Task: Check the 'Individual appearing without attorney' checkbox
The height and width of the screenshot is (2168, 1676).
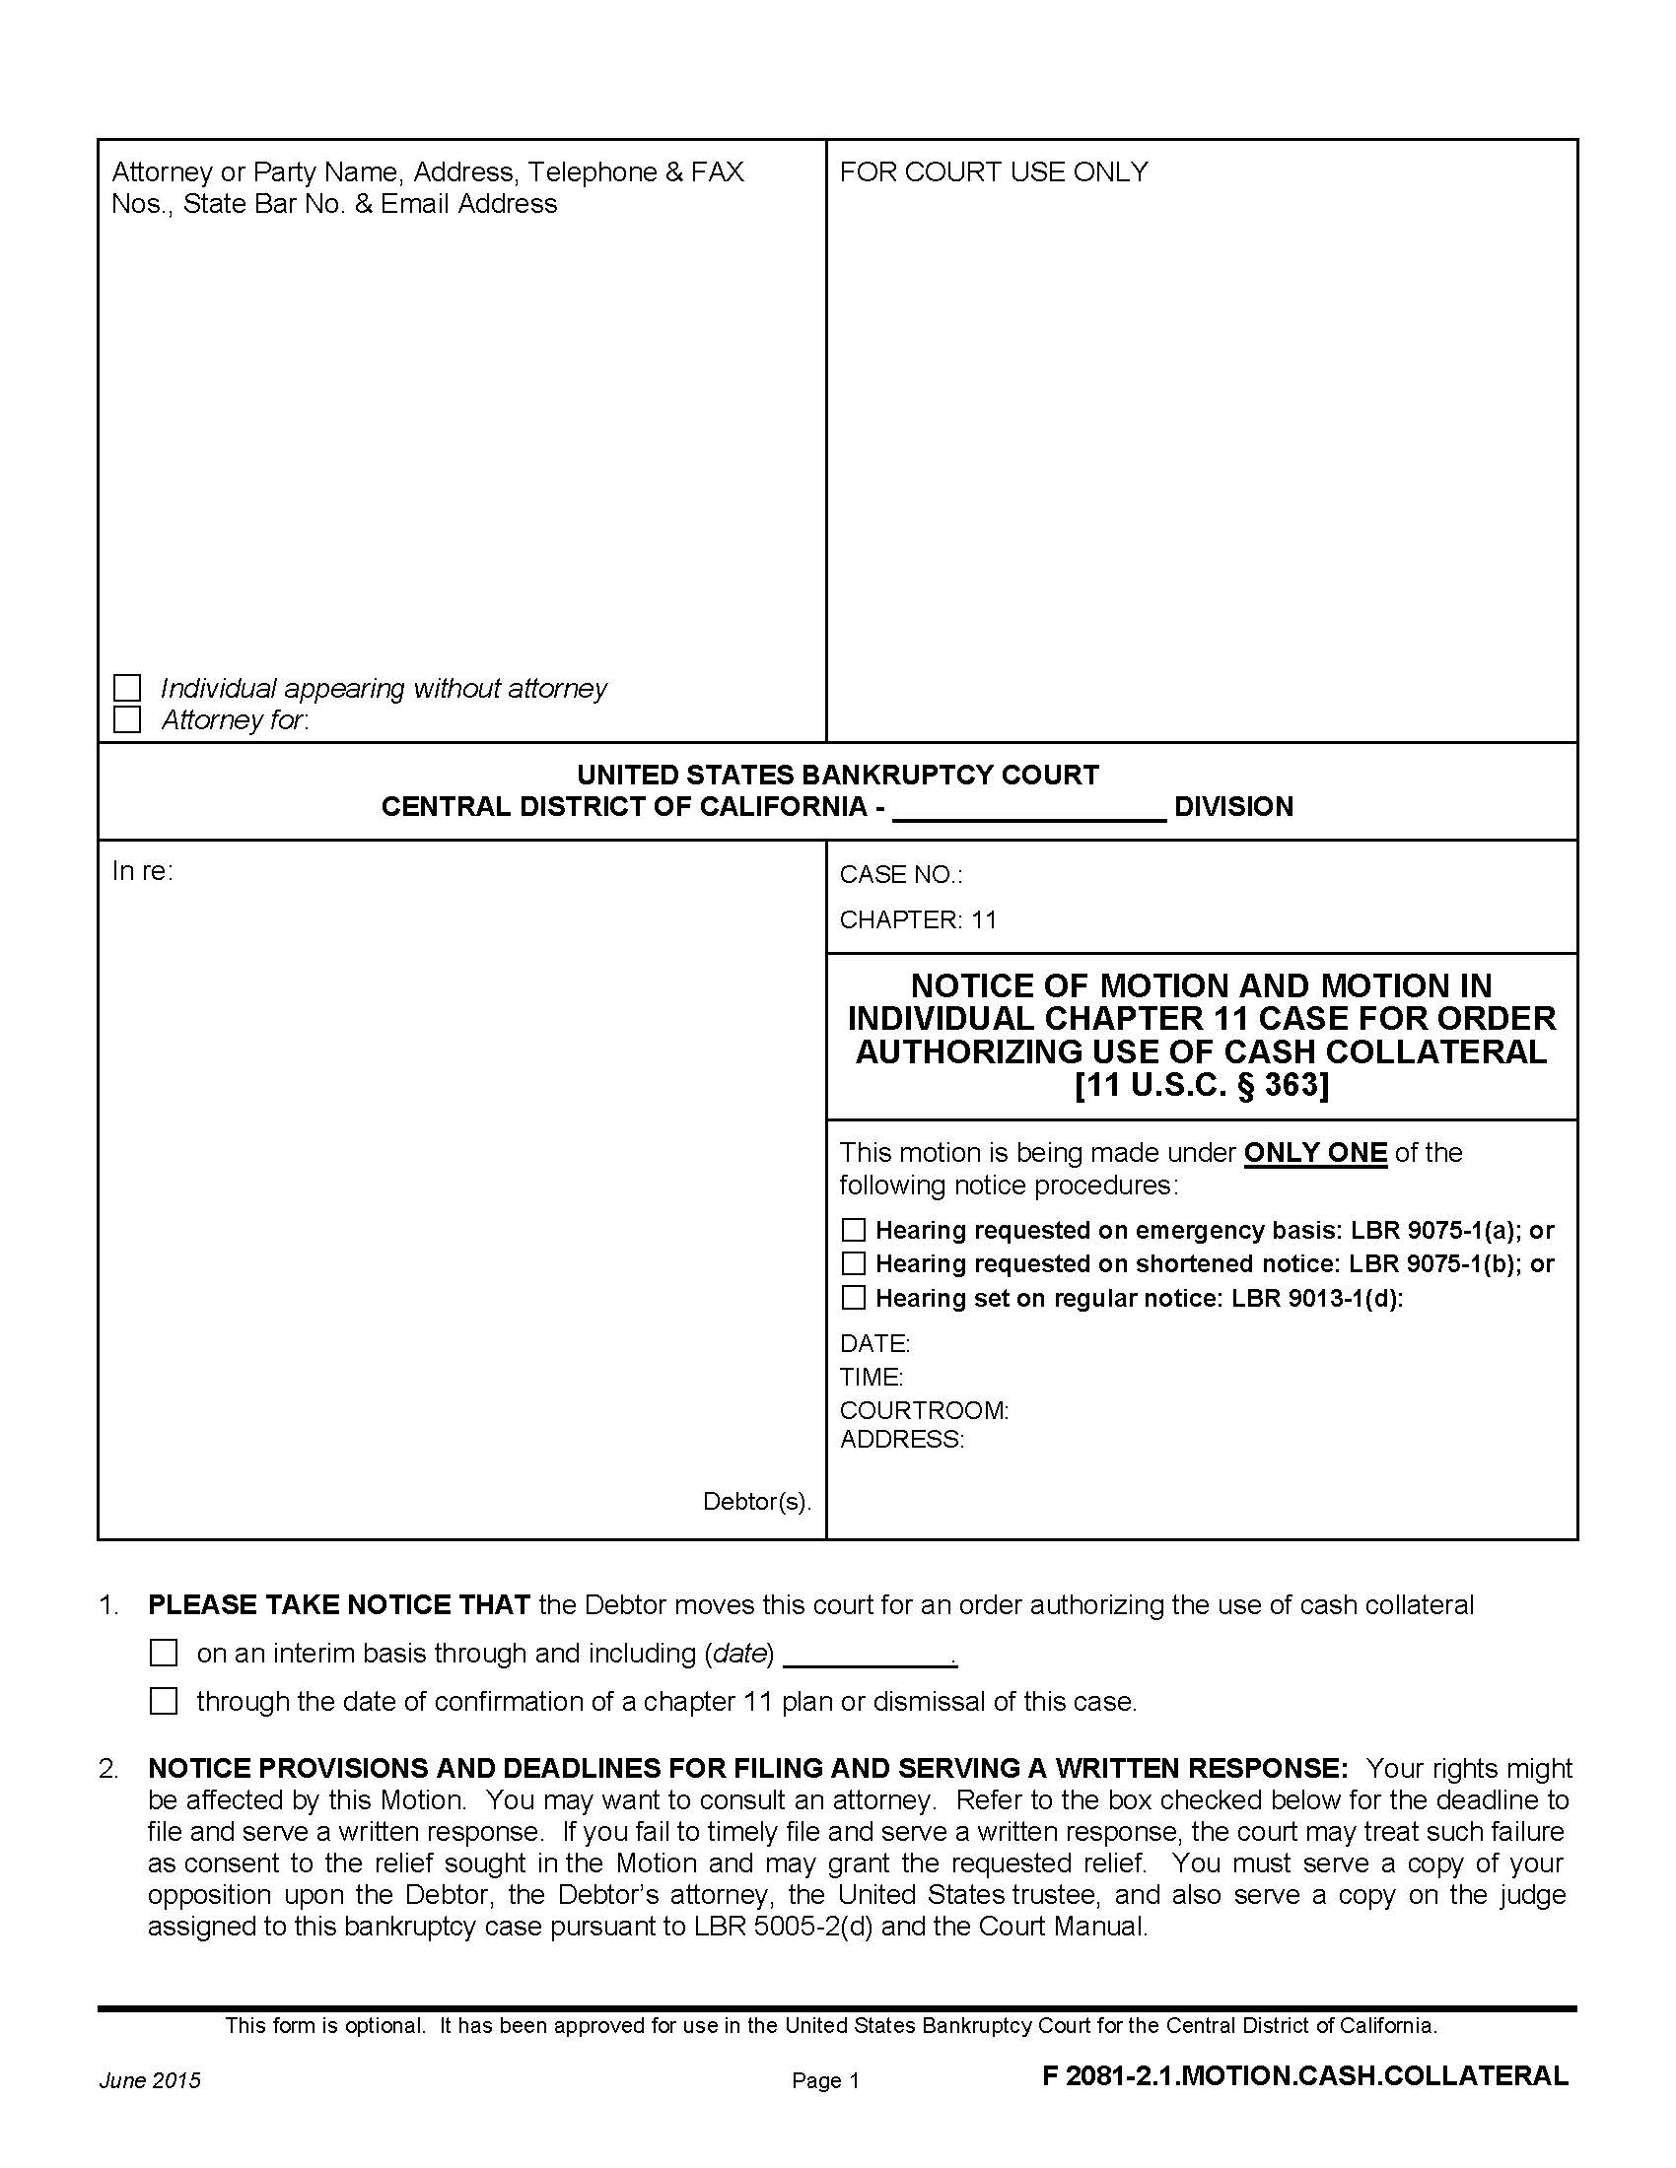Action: point(127,688)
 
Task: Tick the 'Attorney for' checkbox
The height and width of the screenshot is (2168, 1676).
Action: point(127,719)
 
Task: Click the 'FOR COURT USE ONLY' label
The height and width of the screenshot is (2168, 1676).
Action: point(993,171)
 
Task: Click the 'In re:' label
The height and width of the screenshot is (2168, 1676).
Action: point(142,871)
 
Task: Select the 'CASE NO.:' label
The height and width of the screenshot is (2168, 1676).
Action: point(900,874)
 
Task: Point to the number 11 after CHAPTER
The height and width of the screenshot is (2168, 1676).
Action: point(984,919)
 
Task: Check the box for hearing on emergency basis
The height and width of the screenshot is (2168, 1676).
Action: point(853,1230)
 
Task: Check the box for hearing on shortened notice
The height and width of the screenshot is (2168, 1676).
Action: point(853,1263)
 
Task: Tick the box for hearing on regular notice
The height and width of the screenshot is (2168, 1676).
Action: point(853,1298)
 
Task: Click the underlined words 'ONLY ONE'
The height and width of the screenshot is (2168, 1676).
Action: point(1314,1153)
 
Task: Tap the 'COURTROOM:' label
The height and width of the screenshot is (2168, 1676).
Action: point(924,1410)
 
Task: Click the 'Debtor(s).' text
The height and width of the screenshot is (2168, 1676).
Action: point(756,1501)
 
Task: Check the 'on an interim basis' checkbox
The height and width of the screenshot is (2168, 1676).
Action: point(163,1653)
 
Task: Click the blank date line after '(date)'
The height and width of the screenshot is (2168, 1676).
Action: point(872,1655)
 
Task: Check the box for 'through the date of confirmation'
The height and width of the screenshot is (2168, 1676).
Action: point(163,1702)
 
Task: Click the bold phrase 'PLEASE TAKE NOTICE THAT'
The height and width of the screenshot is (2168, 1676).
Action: point(338,1605)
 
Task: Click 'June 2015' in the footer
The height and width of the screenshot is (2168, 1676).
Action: point(149,2080)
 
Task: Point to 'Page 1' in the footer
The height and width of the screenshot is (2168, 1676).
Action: point(825,2080)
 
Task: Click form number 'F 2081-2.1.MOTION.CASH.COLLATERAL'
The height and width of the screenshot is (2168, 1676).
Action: point(1304,2075)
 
